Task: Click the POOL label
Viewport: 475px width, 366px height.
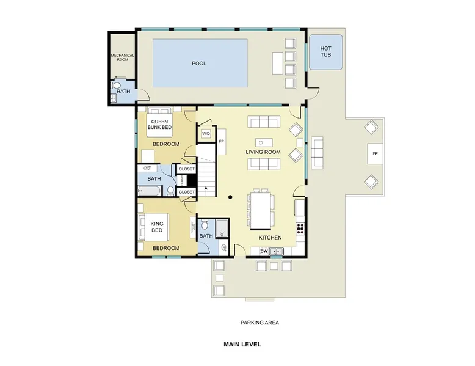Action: click(198, 64)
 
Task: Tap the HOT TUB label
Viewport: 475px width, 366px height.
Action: click(325, 51)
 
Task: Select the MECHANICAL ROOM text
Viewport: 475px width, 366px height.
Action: click(122, 57)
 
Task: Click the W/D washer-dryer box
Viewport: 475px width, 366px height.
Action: click(206, 134)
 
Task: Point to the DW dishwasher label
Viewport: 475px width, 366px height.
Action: click(264, 251)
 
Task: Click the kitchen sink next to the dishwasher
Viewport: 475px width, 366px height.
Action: click(276, 251)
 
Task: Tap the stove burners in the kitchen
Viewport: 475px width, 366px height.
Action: click(300, 228)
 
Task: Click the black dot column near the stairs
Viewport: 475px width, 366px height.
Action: click(230, 197)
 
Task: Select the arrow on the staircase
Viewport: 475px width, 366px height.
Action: click(206, 191)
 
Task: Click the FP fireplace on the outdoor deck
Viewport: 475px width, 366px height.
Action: click(375, 154)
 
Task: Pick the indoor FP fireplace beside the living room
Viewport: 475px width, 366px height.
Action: click(222, 142)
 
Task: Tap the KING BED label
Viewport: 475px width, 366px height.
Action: click(157, 227)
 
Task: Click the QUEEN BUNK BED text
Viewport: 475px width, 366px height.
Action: click(159, 124)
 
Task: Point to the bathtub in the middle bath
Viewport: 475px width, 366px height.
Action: click(149, 191)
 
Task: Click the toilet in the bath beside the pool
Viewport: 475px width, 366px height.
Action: click(116, 85)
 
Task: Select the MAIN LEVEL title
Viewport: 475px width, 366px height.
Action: click(242, 344)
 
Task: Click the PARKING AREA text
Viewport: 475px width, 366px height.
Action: click(259, 323)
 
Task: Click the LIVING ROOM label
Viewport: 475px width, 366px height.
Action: click(263, 152)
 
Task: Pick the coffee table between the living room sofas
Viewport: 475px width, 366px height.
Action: click(264, 142)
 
